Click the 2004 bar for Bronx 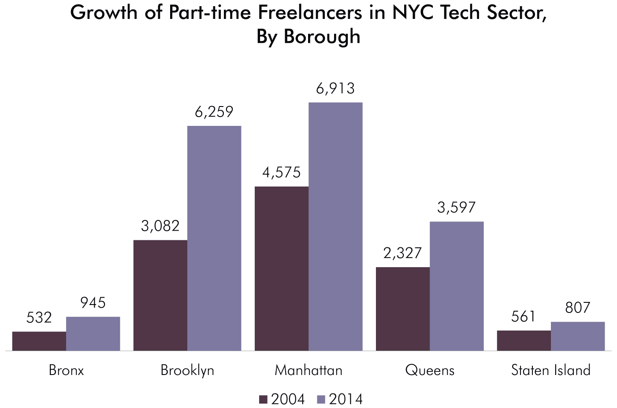[x=39, y=341]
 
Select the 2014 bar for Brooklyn [x=214, y=238]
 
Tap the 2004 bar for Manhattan [x=282, y=268]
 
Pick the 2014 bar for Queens [x=457, y=286]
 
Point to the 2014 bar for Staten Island [x=578, y=336]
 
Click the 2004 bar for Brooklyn [x=160, y=295]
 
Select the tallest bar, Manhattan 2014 [x=335, y=227]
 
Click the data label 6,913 [x=335, y=89]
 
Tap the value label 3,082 [x=160, y=226]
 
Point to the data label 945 [x=93, y=303]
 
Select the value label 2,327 [x=403, y=254]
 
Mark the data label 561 [x=524, y=317]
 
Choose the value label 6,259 [x=214, y=112]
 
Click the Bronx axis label [x=66, y=370]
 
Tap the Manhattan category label [x=308, y=370]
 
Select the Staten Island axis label [x=551, y=370]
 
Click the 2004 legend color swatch [x=263, y=400]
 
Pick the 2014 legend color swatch [x=321, y=400]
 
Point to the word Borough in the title [x=322, y=37]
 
